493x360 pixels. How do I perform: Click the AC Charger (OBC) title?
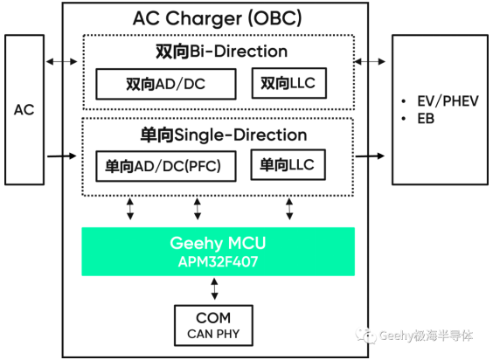click(218, 18)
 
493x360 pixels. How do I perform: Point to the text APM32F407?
click(218, 261)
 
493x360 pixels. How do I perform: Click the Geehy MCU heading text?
click(218, 243)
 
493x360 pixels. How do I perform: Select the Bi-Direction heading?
click(222, 52)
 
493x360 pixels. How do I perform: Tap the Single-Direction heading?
click(224, 135)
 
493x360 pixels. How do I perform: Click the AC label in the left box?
click(24, 110)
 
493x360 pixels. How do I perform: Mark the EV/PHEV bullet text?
click(448, 101)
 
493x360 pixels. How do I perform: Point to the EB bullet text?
click(426, 119)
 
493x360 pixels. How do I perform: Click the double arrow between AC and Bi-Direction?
click(61, 61)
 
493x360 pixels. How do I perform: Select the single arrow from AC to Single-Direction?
click(61, 156)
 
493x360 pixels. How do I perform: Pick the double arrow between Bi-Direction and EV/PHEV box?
click(370, 61)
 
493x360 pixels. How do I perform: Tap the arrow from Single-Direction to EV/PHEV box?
click(370, 156)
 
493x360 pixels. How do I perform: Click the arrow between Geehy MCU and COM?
click(214, 288)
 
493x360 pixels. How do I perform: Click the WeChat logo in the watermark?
click(366, 336)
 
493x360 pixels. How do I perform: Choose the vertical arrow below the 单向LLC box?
click(289, 209)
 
